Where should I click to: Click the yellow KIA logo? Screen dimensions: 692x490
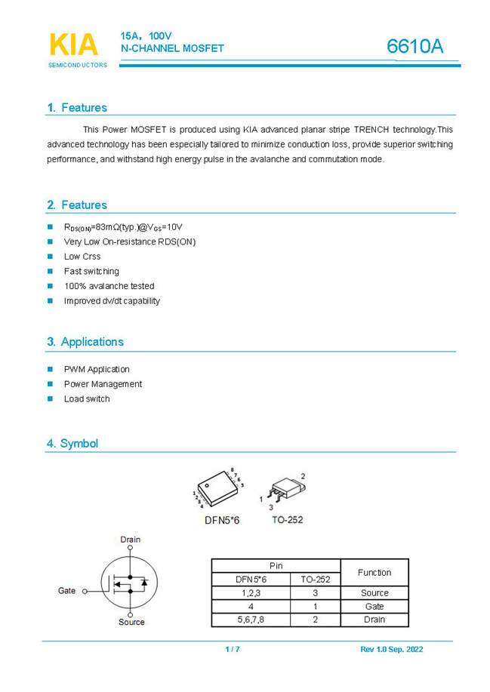(73, 45)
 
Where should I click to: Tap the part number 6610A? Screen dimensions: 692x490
(414, 46)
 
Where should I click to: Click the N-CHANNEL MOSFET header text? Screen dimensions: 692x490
(172, 48)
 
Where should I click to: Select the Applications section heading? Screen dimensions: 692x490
(85, 342)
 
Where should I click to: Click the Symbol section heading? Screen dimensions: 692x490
(72, 444)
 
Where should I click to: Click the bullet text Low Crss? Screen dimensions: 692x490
(82, 257)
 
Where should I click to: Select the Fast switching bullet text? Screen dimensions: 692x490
(91, 271)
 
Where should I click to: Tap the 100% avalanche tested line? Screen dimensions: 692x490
(109, 286)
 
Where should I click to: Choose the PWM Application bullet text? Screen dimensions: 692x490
(97, 369)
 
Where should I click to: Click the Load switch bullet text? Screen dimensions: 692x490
(87, 398)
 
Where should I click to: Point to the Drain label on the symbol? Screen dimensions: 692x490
(131, 540)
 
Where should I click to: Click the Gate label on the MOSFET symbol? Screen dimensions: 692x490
(67, 591)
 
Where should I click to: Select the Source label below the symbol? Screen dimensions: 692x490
(131, 622)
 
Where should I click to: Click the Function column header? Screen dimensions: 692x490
(374, 573)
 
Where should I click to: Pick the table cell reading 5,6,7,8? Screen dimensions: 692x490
(251, 620)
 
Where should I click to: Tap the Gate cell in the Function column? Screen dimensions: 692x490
(374, 606)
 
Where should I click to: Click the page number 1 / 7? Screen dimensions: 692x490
(233, 650)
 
